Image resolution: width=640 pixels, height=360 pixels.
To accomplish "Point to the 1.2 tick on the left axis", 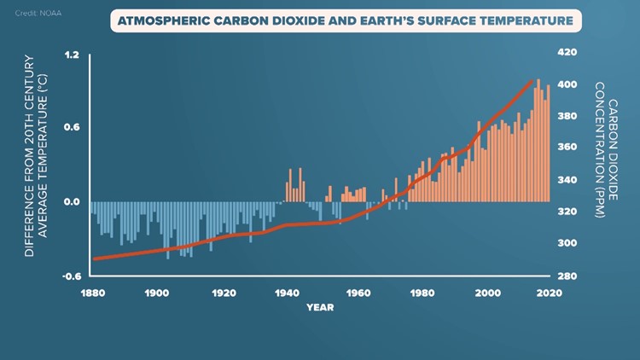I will pos(72,55).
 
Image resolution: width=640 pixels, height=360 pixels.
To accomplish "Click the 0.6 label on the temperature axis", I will pos(72,128).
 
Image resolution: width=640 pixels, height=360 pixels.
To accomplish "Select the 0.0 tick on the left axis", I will pos(72,202).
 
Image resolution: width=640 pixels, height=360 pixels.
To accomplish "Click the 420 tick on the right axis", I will pos(567,52).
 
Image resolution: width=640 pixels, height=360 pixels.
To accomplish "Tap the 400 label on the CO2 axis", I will pos(567,84).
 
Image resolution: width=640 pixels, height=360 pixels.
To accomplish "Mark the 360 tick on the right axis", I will pos(567,148).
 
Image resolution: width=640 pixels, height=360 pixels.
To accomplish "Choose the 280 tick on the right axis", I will pos(567,276).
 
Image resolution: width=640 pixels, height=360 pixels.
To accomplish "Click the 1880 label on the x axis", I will pos(92,293).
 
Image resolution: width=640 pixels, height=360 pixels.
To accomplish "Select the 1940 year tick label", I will pos(288,293).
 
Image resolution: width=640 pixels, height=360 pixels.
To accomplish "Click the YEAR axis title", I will pos(322,308).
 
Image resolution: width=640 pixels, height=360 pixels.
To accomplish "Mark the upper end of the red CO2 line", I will pos(531,82).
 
